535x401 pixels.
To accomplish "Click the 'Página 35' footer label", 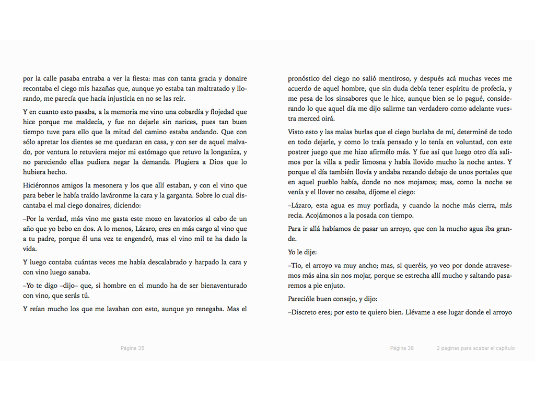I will click(x=132, y=348).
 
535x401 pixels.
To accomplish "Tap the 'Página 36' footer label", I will click(x=402, y=348).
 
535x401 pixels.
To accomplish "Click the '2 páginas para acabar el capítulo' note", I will click(x=475, y=348).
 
